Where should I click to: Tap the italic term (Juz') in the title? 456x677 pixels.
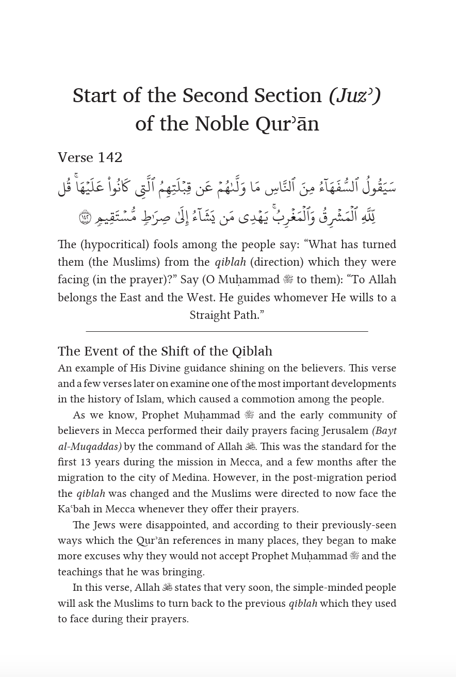point(355,95)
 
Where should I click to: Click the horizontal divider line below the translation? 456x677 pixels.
point(227,331)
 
